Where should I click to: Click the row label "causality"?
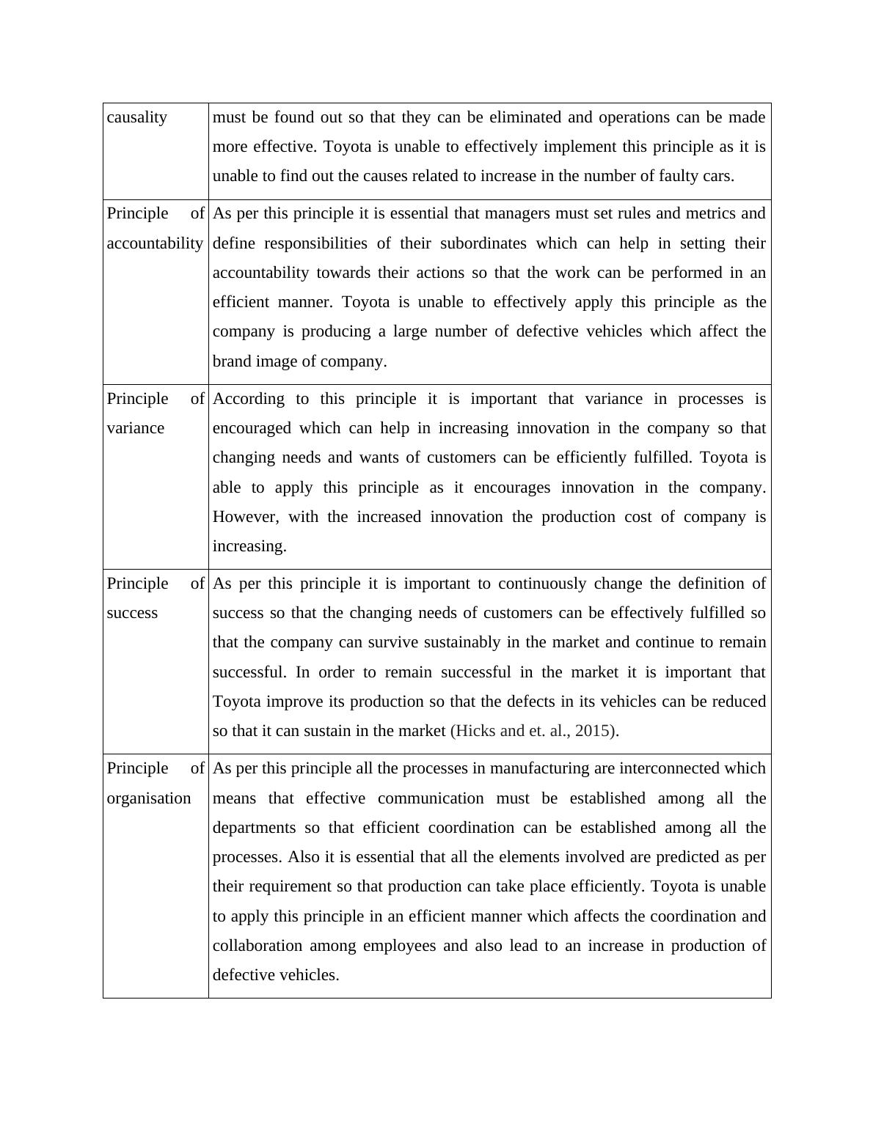coord(137,117)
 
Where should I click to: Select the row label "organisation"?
coord(149,798)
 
